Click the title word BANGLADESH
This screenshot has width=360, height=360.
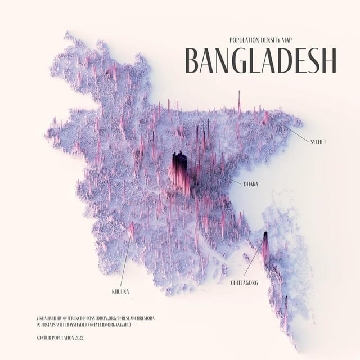point(260,61)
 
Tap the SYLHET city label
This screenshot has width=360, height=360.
point(318,142)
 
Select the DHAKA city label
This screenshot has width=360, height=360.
point(251,184)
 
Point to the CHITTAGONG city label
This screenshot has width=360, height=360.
point(244,283)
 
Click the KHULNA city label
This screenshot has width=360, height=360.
point(120,292)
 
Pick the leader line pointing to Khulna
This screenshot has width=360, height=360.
point(126,259)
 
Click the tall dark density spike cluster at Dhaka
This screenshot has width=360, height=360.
point(180,169)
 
